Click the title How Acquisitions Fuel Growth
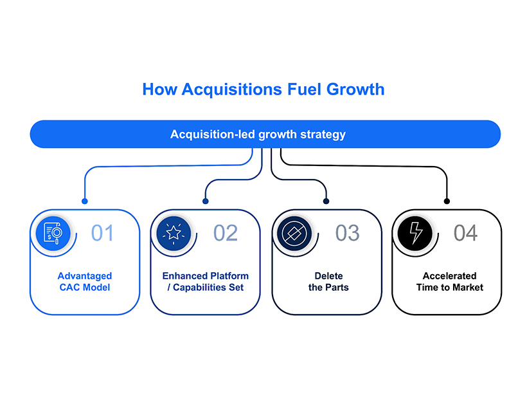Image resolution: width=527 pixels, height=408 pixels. point(263,89)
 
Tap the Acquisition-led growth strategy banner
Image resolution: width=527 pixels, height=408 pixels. point(265,134)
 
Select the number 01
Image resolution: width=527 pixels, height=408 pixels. point(102,232)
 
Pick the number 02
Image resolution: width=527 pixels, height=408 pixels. point(226,232)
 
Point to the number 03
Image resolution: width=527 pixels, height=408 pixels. point(348,232)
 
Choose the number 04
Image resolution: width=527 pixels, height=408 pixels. point(466,232)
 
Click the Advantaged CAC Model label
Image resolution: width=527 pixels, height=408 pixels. point(84,282)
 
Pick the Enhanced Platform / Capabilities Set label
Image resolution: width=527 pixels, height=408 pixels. point(205,282)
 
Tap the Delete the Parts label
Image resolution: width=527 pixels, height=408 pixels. point(324,282)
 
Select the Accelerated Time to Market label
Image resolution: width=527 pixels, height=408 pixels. point(449,282)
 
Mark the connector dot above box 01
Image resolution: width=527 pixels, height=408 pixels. point(84,201)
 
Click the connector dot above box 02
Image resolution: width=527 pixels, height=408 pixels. point(205,201)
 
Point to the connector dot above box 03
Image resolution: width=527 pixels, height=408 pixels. point(326,201)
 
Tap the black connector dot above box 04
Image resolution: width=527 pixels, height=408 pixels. point(447,201)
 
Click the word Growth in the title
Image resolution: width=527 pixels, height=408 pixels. point(352,89)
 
